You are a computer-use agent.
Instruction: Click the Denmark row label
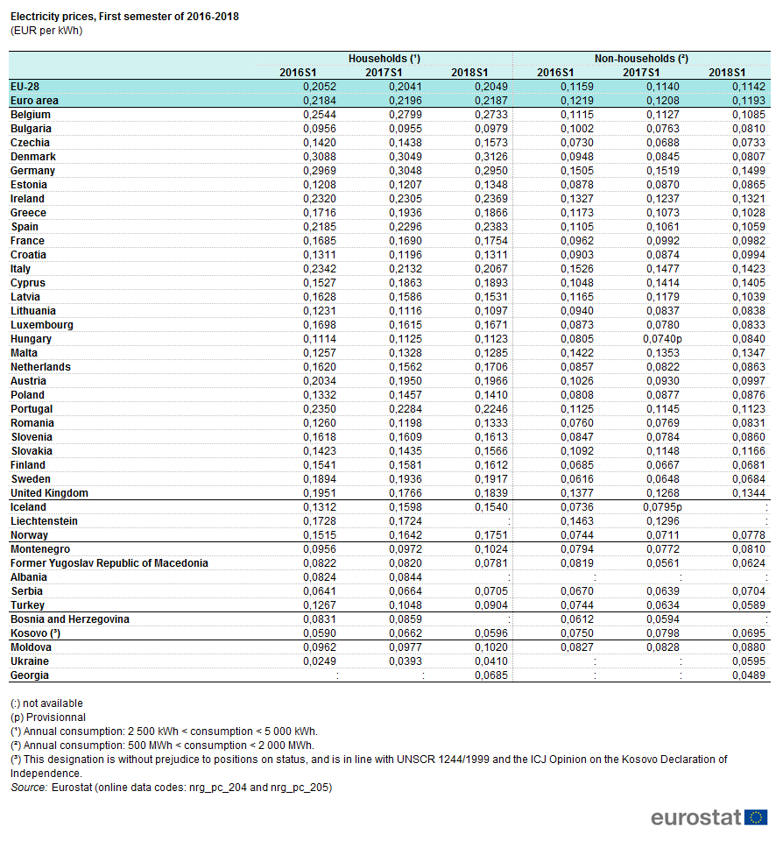pyautogui.click(x=33, y=157)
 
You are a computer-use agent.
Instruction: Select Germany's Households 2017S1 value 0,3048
pyautogui.click(x=406, y=171)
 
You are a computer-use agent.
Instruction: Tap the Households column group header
pyautogui.click(x=384, y=59)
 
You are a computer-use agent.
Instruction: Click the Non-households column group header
pyautogui.click(x=641, y=59)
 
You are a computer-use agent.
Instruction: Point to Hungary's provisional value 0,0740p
pyautogui.click(x=662, y=339)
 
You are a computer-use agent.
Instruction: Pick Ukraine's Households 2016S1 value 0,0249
pyautogui.click(x=320, y=661)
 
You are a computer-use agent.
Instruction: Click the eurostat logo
pyautogui.click(x=709, y=817)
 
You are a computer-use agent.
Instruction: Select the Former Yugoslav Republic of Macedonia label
pyautogui.click(x=109, y=563)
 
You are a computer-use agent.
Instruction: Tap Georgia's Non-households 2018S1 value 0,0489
pyautogui.click(x=749, y=675)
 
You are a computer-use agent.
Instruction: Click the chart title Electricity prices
pyautogui.click(x=124, y=17)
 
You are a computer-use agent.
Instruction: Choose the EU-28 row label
pyautogui.click(x=25, y=87)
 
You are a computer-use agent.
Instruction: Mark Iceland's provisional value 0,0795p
pyautogui.click(x=662, y=507)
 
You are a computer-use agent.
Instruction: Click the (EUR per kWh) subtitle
pyautogui.click(x=46, y=31)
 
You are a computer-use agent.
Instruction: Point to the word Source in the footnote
pyautogui.click(x=29, y=788)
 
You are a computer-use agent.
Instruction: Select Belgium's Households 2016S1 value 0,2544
pyautogui.click(x=320, y=115)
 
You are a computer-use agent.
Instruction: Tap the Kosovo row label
pyautogui.click(x=35, y=633)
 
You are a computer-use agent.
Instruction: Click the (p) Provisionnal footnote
pyautogui.click(x=48, y=717)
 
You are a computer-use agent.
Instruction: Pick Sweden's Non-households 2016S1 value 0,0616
pyautogui.click(x=577, y=479)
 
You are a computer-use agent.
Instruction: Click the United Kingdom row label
pyautogui.click(x=49, y=493)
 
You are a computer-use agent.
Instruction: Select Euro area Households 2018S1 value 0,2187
pyautogui.click(x=491, y=100)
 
